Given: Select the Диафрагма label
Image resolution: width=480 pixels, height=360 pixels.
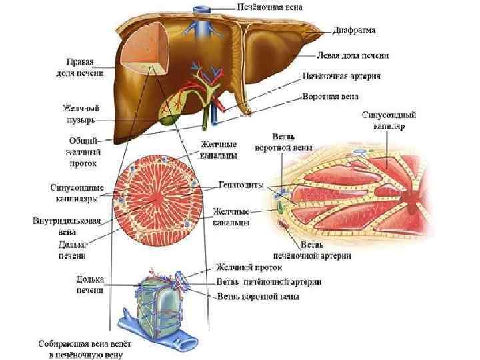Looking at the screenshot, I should point(357,30).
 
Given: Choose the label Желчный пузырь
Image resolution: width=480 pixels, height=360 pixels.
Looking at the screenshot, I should point(78,113).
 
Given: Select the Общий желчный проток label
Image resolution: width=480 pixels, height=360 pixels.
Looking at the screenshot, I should point(83,151).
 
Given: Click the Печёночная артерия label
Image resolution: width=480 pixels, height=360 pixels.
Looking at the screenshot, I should point(341,76).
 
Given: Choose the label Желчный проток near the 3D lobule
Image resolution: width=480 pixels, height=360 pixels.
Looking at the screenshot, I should point(247,268).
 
